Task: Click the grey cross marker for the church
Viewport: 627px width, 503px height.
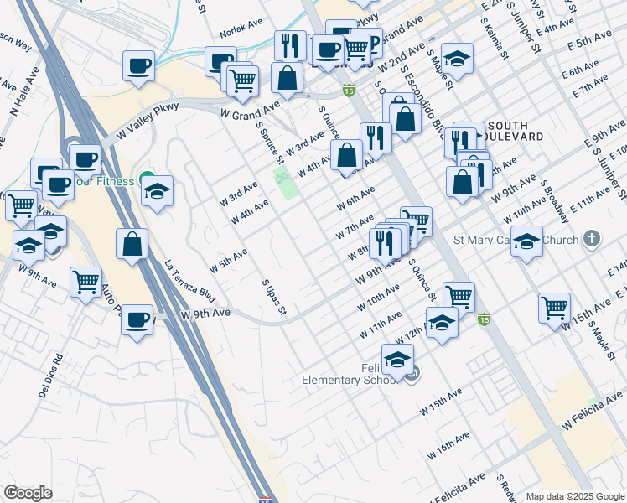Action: [x=592, y=239]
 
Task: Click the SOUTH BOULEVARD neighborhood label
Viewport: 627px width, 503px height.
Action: [x=511, y=130]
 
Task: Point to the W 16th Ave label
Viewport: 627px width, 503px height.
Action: [x=448, y=445]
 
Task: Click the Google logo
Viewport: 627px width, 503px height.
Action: [x=28, y=493]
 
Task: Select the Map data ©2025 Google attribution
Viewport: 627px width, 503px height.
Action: [x=575, y=496]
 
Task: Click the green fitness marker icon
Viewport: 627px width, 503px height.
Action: [x=148, y=178]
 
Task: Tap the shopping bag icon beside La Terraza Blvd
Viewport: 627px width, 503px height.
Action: [x=132, y=245]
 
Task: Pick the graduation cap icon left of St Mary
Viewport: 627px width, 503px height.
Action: [x=526, y=242]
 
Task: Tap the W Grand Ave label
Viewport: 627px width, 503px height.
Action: [x=250, y=109]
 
